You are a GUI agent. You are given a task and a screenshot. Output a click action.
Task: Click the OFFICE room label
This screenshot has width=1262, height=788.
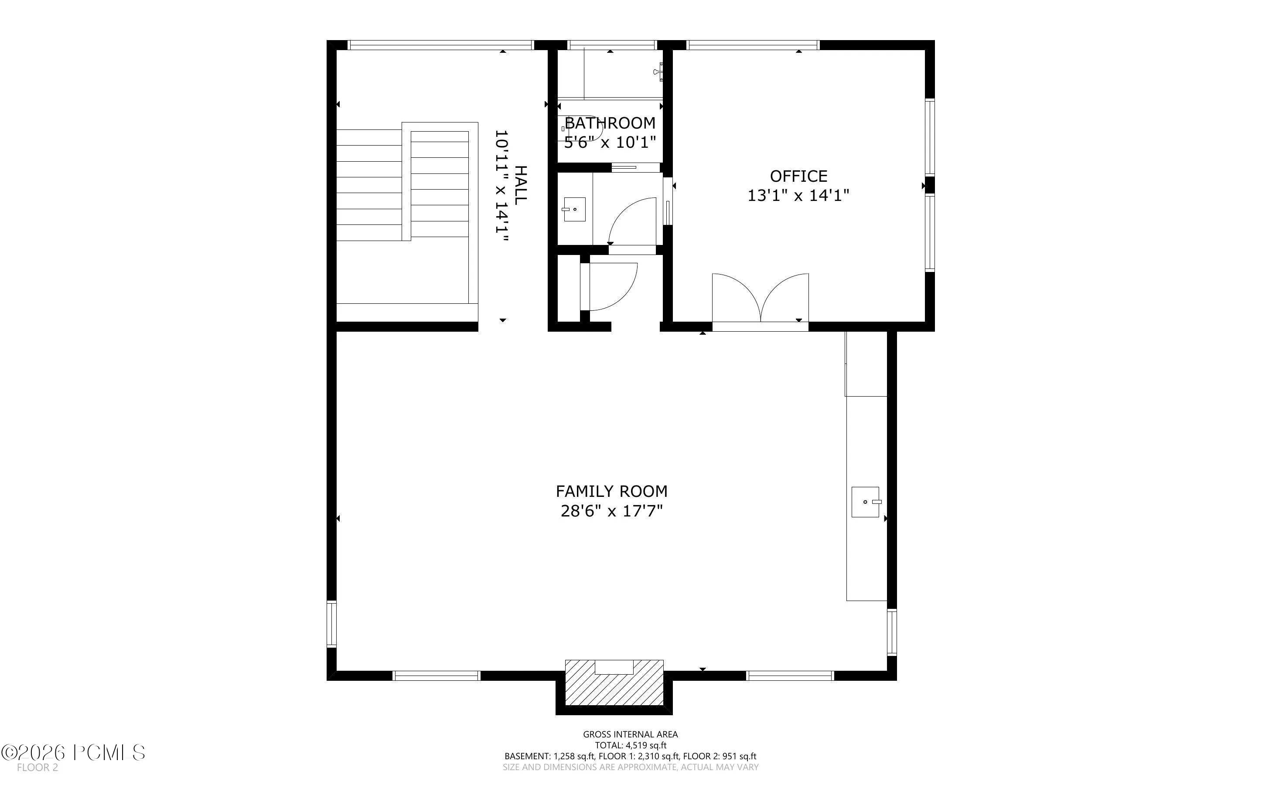pyautogui.click(x=798, y=176)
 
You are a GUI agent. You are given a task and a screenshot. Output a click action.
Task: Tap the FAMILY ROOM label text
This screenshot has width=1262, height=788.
pyautogui.click(x=611, y=492)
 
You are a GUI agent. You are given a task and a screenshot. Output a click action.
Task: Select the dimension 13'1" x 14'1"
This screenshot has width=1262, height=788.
pyautogui.click(x=798, y=195)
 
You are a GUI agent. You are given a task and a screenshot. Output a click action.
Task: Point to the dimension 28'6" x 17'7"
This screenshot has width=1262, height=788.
pyautogui.click(x=611, y=511)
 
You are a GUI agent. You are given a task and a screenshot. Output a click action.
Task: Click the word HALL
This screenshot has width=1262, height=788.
pyautogui.click(x=520, y=184)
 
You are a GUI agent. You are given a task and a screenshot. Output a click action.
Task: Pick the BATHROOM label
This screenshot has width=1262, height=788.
pyautogui.click(x=610, y=123)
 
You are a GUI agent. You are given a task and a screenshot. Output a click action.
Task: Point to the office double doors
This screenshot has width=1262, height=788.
pyautogui.click(x=761, y=298)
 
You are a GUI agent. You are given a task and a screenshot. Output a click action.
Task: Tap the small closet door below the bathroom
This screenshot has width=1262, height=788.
pyautogui.click(x=611, y=287)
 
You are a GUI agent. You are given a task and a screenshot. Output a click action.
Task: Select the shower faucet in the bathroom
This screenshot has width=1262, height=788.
pyautogui.click(x=661, y=71)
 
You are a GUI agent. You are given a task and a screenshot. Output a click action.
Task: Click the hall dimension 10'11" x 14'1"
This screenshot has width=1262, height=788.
pyautogui.click(x=501, y=186)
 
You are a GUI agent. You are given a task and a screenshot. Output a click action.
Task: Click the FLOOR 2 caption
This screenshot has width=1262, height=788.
pyautogui.click(x=38, y=768)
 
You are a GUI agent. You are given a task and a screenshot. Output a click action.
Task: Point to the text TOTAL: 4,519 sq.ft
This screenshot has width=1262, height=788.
pyautogui.click(x=631, y=745)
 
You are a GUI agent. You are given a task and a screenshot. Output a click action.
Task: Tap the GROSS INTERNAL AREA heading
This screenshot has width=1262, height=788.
pyautogui.click(x=631, y=734)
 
